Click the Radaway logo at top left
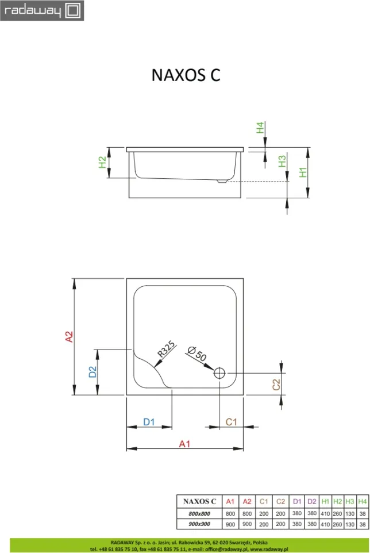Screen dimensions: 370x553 point(42,10)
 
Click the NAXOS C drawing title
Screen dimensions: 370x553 point(186,75)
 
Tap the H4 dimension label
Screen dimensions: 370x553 point(260,127)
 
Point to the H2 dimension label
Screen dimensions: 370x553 point(102,162)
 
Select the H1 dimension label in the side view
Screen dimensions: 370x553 point(303,172)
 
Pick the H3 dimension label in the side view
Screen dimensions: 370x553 point(282,162)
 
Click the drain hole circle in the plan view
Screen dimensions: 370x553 point(219,372)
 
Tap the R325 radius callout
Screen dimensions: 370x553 point(166,349)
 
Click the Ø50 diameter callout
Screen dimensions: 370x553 point(197,354)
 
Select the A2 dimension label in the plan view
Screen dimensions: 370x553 point(69,336)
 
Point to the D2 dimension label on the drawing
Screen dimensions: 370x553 point(92,372)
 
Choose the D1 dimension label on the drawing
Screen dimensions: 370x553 point(149,422)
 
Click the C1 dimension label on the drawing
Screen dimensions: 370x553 point(231,422)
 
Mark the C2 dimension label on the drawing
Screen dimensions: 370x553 point(276,385)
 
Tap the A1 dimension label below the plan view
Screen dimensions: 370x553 point(184,444)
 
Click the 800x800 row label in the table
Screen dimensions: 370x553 point(199,513)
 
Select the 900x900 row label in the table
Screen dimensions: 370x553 point(199,524)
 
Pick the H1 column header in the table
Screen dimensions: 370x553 point(325,501)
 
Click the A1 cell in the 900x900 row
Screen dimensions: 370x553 point(230,524)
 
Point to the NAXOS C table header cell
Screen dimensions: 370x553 point(199,501)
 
